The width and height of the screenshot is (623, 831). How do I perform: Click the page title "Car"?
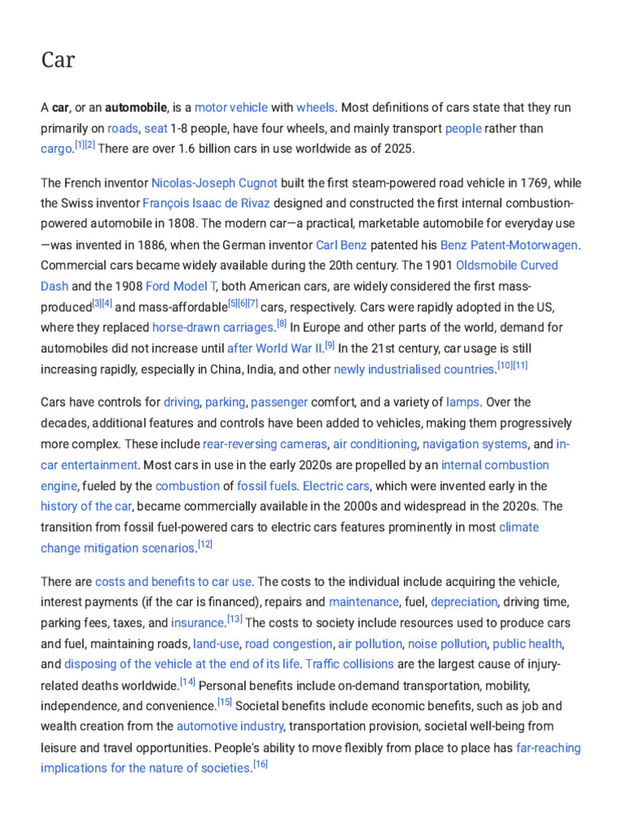click(58, 59)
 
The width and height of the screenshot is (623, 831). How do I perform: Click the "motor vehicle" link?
click(231, 107)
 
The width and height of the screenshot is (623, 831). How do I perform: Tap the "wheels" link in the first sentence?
click(315, 107)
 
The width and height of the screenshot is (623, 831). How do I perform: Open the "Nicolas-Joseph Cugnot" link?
click(214, 183)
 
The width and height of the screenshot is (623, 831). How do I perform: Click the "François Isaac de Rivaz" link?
click(206, 203)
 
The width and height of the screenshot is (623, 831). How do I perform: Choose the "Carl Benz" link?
click(342, 244)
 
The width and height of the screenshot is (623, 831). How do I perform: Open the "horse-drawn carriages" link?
click(213, 327)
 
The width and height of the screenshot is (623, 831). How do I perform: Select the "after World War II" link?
click(274, 348)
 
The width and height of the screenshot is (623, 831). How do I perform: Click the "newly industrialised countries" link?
click(414, 369)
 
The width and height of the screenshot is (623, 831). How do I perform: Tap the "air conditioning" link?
click(374, 444)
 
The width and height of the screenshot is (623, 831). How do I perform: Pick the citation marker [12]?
click(205, 545)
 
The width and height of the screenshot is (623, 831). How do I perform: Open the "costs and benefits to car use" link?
click(174, 581)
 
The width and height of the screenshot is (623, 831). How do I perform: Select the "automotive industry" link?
click(230, 726)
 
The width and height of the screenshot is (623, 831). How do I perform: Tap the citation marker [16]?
click(260, 764)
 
